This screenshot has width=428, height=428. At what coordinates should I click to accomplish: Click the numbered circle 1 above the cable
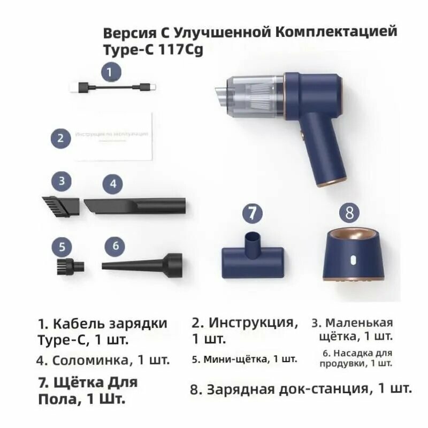110,72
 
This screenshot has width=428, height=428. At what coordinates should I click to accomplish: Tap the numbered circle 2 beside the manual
61,139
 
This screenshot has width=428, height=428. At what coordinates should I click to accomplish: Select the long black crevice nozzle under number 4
135,205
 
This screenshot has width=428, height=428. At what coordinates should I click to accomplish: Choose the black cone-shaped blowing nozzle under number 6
143,264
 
